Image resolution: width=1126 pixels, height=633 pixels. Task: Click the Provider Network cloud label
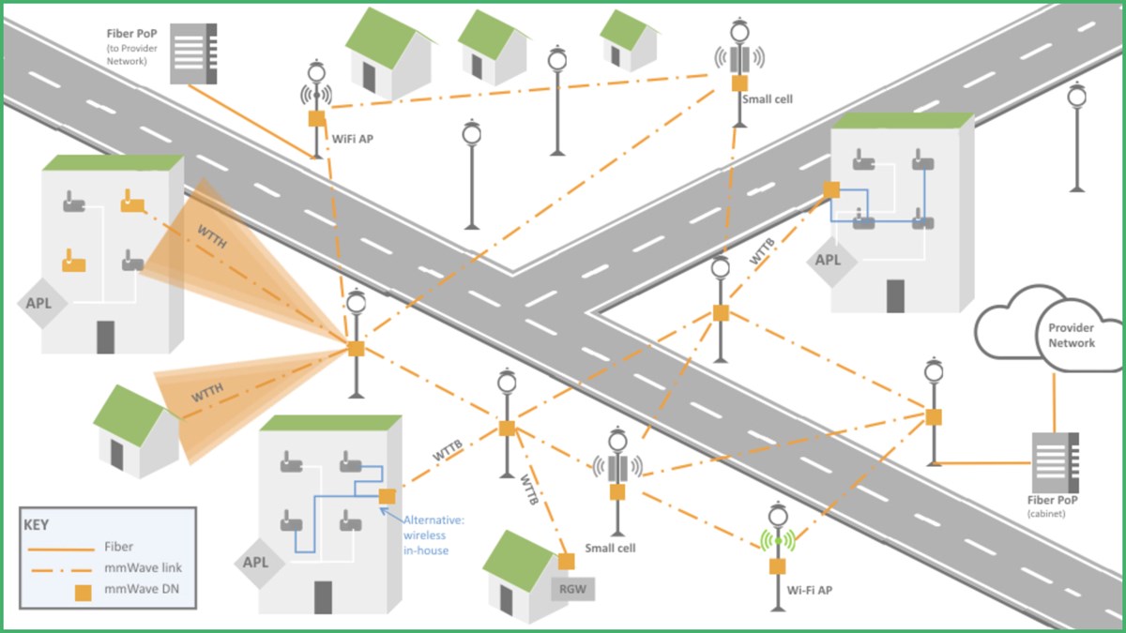pyautogui.click(x=1071, y=336)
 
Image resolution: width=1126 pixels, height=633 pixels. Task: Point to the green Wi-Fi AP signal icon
pyautogui.click(x=777, y=540)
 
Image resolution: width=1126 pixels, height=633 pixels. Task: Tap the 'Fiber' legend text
pyautogui.click(x=120, y=547)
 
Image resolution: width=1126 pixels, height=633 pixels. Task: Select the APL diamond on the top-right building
pyautogui.click(x=828, y=260)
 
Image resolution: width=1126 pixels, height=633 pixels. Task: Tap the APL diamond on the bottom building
pyautogui.click(x=255, y=563)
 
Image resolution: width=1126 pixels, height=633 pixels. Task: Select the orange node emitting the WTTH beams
pyautogui.click(x=356, y=349)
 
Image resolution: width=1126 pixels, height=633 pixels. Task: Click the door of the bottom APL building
pyautogui.click(x=323, y=596)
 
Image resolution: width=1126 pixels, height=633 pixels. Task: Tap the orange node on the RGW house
pyautogui.click(x=566, y=561)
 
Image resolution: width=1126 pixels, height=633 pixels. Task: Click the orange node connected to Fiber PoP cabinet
pyautogui.click(x=933, y=416)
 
